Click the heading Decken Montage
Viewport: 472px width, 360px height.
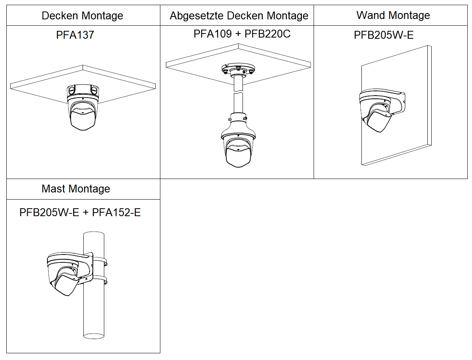point(82,16)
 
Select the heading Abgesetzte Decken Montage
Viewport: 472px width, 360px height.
point(239,16)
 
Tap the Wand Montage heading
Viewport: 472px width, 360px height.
point(393,15)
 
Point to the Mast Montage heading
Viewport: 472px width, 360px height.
point(76,189)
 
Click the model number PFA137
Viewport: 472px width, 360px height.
point(75,35)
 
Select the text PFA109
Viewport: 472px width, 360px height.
point(212,34)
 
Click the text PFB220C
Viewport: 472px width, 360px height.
point(267,34)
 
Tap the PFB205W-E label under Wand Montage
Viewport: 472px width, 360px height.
point(384,35)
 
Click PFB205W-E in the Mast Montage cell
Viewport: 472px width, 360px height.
point(49,213)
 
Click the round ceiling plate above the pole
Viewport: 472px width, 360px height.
point(238,70)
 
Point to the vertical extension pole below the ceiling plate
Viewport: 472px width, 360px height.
point(238,95)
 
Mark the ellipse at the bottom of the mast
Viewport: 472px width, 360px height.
point(94,336)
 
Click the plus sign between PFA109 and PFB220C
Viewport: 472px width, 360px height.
point(238,34)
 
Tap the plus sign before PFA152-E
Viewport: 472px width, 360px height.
point(85,213)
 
